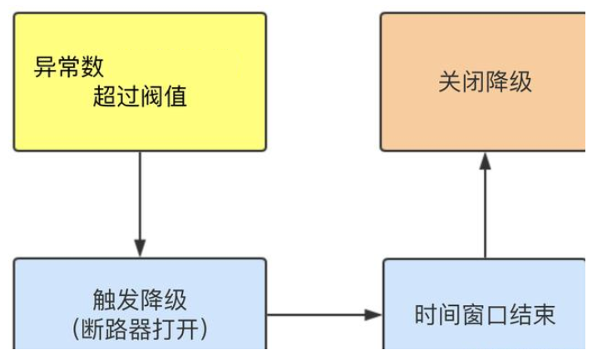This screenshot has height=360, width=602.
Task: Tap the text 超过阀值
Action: (x=140, y=99)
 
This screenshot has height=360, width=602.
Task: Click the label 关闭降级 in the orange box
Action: (x=485, y=82)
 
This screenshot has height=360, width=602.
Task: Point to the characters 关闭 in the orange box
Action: (x=461, y=82)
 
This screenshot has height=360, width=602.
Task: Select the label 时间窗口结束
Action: (x=485, y=315)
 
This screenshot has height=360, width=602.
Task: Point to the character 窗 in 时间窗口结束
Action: (x=473, y=315)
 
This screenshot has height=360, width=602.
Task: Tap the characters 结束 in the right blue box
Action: (x=532, y=315)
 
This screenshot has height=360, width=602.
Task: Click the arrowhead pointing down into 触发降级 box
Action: (x=140, y=249)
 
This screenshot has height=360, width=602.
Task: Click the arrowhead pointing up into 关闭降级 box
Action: (x=485, y=160)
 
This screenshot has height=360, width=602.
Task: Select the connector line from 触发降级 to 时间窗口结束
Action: (x=316, y=315)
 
